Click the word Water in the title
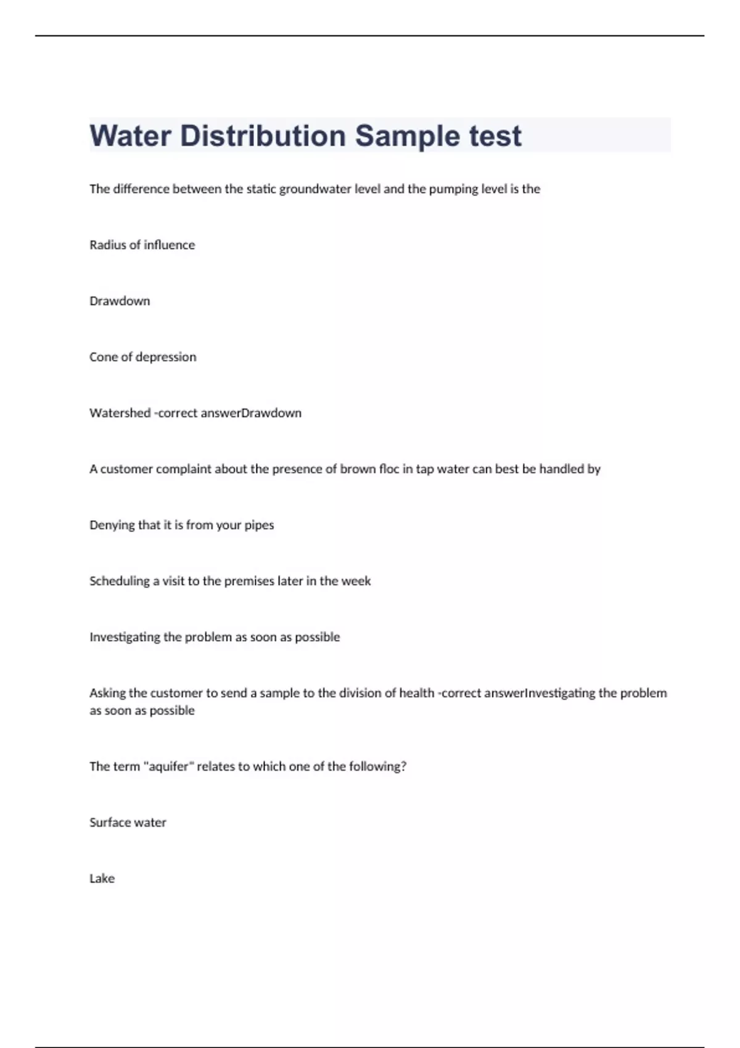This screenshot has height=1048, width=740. [130, 136]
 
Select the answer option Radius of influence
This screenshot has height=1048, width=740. [142, 245]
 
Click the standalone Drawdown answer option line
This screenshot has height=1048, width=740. [120, 301]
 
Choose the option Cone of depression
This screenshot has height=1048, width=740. [142, 357]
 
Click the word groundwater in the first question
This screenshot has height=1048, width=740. [314, 189]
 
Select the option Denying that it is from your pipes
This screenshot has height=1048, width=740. [181, 525]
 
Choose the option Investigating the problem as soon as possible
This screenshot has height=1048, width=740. [215, 637]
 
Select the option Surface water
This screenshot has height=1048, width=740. [128, 822]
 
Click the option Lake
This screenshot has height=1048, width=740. [102, 878]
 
